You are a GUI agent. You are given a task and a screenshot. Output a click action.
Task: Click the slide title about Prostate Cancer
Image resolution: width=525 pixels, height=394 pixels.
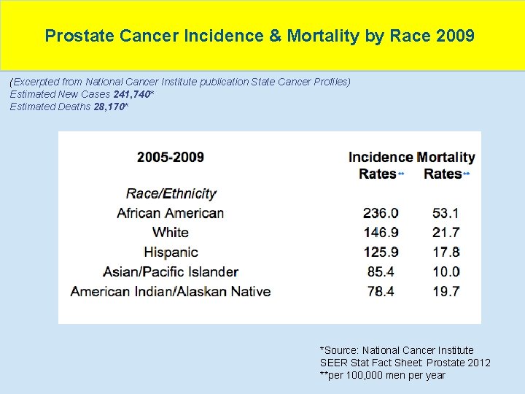click(260, 35)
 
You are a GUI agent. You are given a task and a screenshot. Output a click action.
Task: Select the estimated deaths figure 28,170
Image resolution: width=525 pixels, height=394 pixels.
click(110, 107)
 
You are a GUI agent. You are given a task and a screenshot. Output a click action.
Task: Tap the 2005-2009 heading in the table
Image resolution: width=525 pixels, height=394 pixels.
click(171, 157)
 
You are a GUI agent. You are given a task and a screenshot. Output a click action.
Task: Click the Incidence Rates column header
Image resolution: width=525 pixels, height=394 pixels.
click(380, 165)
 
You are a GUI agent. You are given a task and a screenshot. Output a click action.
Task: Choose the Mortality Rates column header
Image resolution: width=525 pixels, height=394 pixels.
click(446, 165)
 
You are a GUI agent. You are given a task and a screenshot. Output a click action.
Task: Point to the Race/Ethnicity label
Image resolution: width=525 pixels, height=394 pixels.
click(171, 193)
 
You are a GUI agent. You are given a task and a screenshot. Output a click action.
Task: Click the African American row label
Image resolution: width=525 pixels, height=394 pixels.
click(171, 213)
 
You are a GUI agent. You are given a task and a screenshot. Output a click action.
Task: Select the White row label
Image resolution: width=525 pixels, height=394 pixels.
click(171, 233)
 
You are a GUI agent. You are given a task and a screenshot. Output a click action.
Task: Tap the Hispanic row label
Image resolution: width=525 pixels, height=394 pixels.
click(171, 252)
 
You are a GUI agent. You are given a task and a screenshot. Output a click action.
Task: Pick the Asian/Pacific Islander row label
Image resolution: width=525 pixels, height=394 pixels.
click(171, 271)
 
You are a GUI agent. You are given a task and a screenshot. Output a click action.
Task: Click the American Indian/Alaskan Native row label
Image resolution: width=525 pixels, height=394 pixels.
click(171, 291)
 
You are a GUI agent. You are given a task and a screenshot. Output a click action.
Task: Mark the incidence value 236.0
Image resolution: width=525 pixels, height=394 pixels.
click(381, 213)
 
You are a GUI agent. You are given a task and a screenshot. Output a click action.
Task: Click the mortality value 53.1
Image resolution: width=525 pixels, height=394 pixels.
click(446, 213)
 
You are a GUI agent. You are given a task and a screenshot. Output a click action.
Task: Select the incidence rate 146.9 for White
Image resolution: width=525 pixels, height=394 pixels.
click(381, 233)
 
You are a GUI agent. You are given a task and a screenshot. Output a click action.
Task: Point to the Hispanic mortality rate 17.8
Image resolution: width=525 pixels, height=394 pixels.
click(446, 252)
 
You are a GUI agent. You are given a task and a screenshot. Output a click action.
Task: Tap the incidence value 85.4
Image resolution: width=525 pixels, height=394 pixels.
click(381, 271)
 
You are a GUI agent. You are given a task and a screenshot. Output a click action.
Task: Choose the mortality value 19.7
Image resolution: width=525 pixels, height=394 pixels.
click(446, 291)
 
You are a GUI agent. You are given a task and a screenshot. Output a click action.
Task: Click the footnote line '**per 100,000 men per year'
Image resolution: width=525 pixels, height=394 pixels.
click(382, 375)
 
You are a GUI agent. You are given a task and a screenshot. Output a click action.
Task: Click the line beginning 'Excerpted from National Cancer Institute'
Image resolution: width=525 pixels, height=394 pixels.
click(180, 82)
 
